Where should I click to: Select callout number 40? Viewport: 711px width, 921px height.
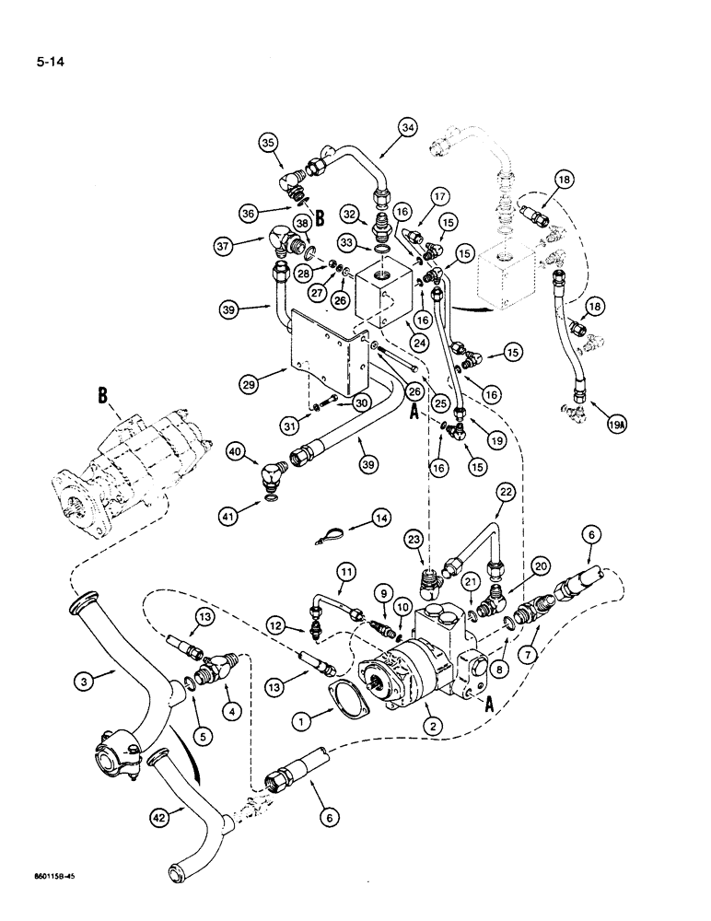(238, 451)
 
